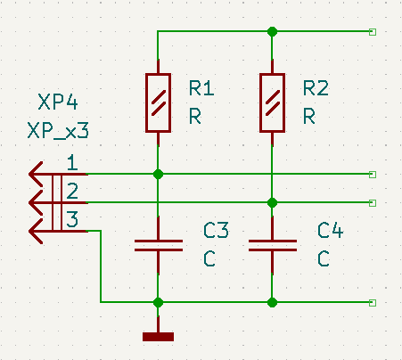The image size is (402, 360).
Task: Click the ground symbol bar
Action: click(158, 337)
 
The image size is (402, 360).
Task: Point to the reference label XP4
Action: click(58, 102)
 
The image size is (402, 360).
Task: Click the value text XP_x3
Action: click(58, 131)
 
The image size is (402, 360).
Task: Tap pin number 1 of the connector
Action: click(72, 162)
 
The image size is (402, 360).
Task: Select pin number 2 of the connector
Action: click(72, 191)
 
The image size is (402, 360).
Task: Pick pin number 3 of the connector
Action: click(72, 219)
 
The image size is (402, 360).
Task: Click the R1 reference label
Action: click(201, 88)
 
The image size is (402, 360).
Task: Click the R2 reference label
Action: click(316, 88)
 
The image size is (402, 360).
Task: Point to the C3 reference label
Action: click(216, 230)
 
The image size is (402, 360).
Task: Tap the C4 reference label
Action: click(330, 230)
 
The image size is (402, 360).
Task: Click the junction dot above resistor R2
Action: click(272, 31)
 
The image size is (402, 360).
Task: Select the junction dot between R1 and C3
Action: click(158, 174)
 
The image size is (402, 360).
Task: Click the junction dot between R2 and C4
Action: click(272, 203)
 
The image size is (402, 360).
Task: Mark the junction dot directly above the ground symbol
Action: click(158, 302)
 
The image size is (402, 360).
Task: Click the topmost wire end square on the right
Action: click(373, 32)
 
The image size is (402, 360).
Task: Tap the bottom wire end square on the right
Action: click(373, 303)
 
